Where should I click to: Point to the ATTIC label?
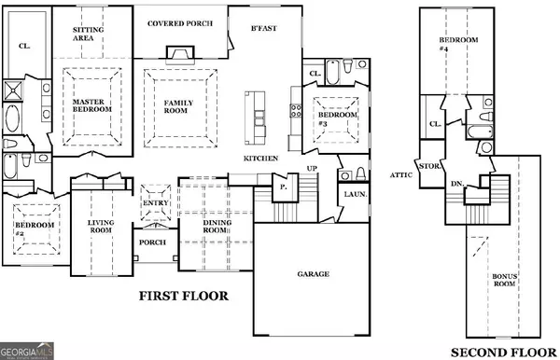pos(400,173)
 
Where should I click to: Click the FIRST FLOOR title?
pos(183,297)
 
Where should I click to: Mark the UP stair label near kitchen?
pos(313,169)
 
